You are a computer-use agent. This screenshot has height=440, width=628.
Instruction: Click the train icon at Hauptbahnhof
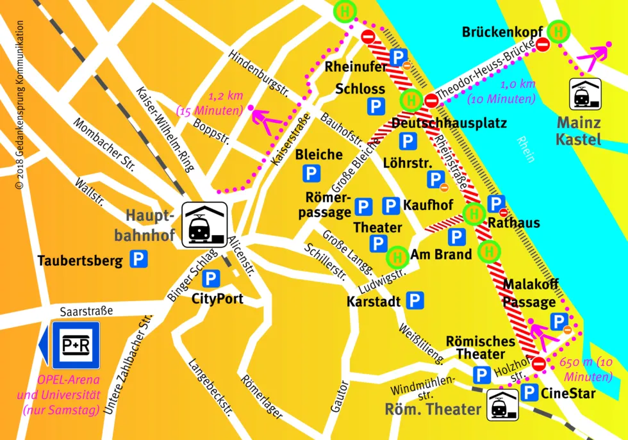click(205, 225)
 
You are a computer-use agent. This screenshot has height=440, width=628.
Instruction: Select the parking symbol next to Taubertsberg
click(138, 259)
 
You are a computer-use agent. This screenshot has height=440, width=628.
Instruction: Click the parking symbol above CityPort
click(211, 279)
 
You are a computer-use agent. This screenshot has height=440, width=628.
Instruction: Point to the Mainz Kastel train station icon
click(586, 95)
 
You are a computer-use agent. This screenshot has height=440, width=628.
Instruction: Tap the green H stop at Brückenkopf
click(559, 30)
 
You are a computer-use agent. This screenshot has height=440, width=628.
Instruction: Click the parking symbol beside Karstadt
click(415, 300)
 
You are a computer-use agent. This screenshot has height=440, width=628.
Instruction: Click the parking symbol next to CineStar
click(529, 393)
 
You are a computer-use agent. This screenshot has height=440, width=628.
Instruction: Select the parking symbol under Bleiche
click(311, 173)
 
